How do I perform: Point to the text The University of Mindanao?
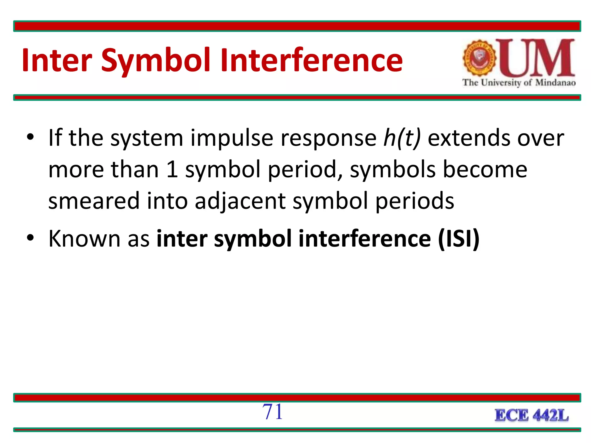pos(519,83)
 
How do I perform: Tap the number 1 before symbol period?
pos(172,170)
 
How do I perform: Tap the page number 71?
pos(272,412)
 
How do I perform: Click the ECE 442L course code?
pos(532,416)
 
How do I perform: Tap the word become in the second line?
pos(485,170)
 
